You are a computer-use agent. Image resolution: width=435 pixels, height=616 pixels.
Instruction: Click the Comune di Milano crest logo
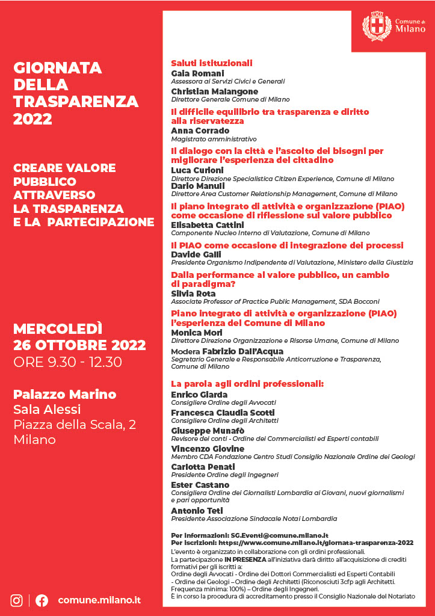(377, 26)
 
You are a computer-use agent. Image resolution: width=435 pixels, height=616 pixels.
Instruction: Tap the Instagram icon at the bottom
(17, 600)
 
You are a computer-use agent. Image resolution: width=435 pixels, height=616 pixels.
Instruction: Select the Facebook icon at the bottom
(42, 600)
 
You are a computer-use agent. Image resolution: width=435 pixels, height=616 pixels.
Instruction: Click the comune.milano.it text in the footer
(99, 600)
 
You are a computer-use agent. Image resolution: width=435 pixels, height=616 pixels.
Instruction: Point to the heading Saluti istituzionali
(211, 63)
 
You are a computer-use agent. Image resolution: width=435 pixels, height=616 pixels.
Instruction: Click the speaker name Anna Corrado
(200, 130)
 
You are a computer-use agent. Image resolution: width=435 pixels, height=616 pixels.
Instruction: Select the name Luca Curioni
(197, 170)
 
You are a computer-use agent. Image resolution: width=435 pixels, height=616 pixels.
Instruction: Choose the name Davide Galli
(196, 254)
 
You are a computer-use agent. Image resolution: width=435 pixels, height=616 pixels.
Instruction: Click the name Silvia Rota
(193, 293)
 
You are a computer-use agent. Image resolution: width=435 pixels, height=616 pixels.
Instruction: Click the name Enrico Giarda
(200, 395)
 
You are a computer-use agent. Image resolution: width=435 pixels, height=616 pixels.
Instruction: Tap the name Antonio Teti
(197, 511)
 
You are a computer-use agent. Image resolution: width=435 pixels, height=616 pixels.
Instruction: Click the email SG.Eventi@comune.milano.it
(279, 535)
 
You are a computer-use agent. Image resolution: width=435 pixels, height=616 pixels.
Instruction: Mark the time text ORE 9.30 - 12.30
(67, 362)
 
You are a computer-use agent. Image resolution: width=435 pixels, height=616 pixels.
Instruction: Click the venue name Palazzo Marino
(64, 395)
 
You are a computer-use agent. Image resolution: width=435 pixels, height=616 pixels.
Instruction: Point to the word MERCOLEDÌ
(58, 329)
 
